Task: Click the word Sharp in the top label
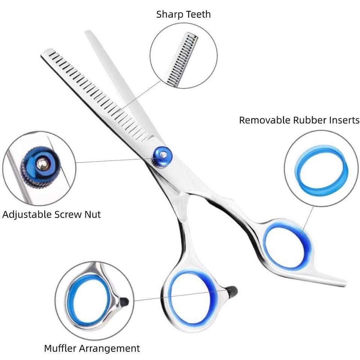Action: click(x=170, y=15)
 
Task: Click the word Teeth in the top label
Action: click(x=198, y=15)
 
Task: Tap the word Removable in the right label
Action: click(x=264, y=120)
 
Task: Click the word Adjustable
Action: click(x=27, y=214)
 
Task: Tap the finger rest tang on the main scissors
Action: click(x=330, y=277)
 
